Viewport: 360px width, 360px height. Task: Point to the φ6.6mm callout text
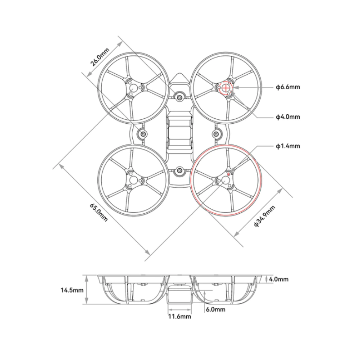(288, 87)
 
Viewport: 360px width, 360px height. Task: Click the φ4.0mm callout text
(288, 117)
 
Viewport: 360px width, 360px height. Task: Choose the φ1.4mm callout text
(288, 146)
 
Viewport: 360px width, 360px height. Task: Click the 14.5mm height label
(72, 290)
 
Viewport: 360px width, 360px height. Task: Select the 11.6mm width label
(180, 316)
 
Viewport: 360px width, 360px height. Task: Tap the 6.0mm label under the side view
(216, 310)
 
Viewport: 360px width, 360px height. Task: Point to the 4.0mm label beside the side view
(279, 279)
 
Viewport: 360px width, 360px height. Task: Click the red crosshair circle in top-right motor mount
(225, 87)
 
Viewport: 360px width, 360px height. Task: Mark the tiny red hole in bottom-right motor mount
(229, 174)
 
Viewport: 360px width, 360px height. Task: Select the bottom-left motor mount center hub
(134, 180)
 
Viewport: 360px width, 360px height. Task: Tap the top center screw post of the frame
(180, 97)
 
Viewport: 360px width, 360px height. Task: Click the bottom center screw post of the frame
(180, 171)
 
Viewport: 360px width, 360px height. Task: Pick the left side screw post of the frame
(143, 134)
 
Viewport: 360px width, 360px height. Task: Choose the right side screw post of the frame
(217, 134)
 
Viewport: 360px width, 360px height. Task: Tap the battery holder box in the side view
(180, 297)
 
